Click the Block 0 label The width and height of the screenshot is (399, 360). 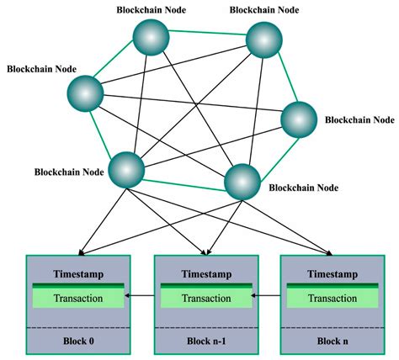click(x=77, y=341)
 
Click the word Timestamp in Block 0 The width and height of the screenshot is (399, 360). click(x=78, y=274)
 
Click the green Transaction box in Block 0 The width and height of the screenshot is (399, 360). click(x=78, y=298)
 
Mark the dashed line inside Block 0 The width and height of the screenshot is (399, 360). click(x=77, y=327)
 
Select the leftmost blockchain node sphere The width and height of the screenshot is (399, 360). click(x=86, y=91)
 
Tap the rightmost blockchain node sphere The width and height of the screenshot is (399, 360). click(x=297, y=120)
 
